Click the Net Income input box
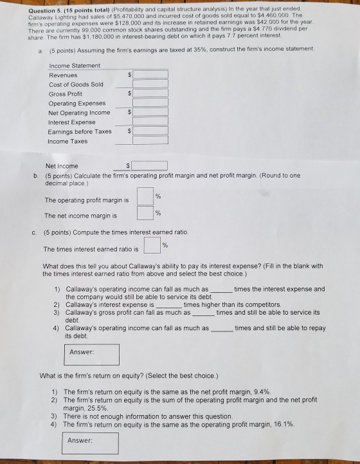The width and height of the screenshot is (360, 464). tap(150, 165)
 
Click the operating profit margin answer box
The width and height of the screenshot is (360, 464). tap(145, 197)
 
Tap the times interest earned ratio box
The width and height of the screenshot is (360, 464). tap(152, 246)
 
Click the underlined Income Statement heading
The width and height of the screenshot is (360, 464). tap(75, 66)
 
